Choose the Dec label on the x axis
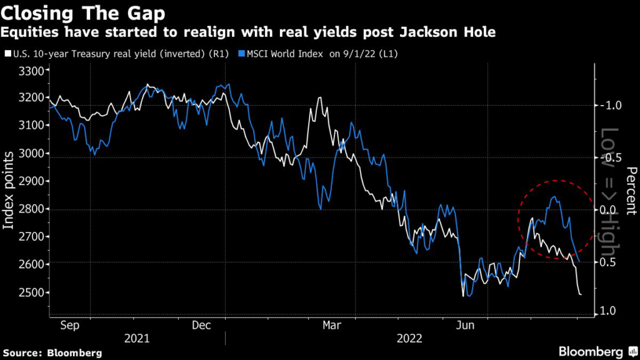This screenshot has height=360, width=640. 202,325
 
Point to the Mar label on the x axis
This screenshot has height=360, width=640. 332,325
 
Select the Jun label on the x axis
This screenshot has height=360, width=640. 464,325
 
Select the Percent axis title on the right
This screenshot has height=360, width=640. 631,191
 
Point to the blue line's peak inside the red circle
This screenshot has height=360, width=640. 554,197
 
